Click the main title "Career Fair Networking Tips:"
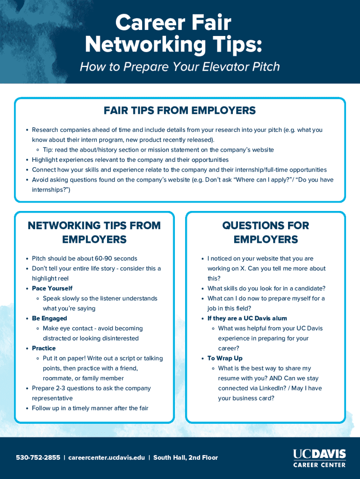coord(173,34)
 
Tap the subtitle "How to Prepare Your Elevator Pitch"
coord(180,67)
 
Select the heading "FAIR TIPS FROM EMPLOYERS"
coord(180,111)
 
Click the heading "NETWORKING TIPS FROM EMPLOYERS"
coord(94,232)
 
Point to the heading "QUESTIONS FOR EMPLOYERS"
coord(266,232)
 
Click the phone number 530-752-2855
coord(38,457)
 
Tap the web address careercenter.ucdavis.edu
coord(107,457)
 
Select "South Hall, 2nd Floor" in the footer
coord(186,457)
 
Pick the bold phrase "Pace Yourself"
coord(52,288)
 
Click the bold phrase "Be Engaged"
coord(49,319)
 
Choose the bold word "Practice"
coord(43,348)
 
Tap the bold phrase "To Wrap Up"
coord(225,358)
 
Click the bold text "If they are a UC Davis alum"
coord(247,319)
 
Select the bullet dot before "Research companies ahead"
coord(27,130)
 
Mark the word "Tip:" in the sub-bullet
coord(48,150)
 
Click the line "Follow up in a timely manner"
coord(90,408)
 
